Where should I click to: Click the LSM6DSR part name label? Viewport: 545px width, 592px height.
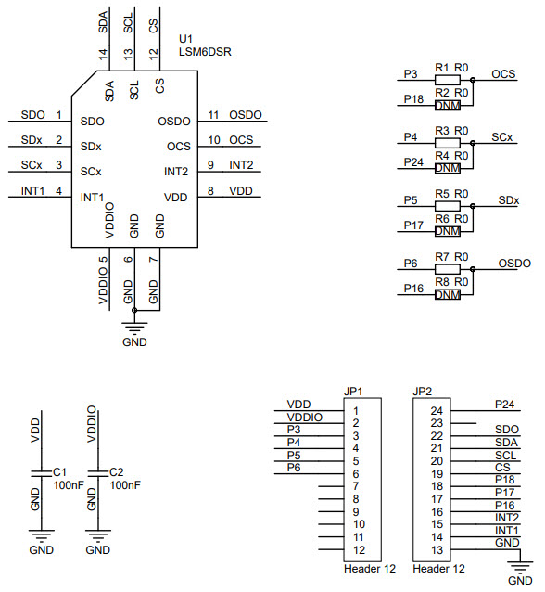(205, 52)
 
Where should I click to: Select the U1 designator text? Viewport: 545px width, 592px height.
(185, 39)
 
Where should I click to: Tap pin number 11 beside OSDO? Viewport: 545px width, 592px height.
(213, 115)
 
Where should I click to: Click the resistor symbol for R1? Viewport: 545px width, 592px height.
(448, 80)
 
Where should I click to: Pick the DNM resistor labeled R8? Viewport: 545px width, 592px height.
(448, 295)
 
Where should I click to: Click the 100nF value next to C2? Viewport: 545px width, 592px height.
(124, 484)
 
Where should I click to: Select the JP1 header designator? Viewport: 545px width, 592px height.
(353, 391)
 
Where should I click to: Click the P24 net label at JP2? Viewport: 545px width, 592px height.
(503, 404)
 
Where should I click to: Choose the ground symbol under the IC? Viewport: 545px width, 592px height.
(134, 328)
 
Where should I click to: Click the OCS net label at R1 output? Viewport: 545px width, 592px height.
(503, 73)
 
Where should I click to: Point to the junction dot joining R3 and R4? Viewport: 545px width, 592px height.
(473, 143)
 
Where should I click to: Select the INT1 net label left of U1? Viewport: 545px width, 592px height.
(34, 191)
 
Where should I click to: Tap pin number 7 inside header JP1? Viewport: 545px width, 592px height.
(356, 486)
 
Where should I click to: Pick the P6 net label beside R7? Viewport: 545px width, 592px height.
(412, 264)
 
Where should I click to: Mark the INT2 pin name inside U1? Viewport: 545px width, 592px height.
(175, 172)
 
